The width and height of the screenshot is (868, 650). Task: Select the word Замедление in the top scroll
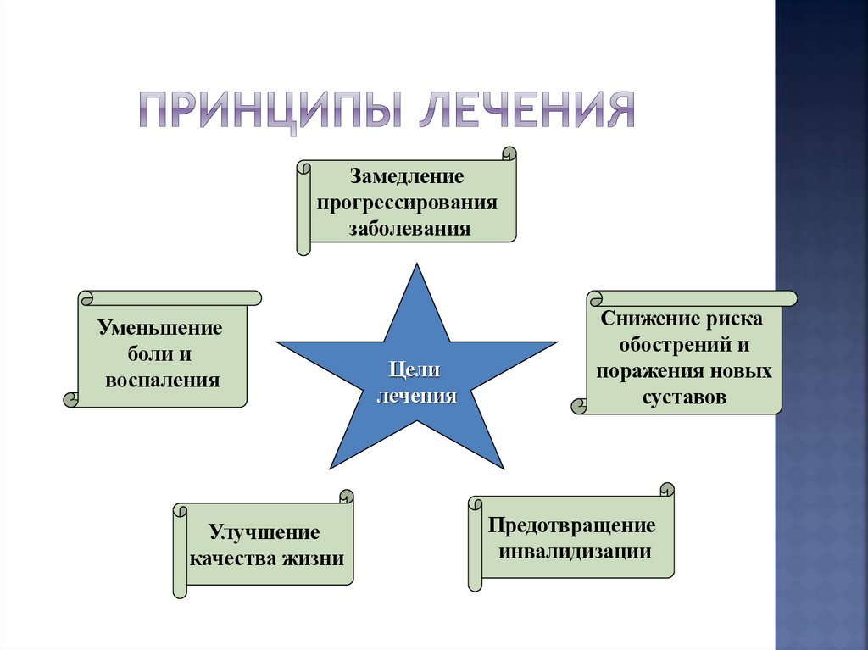point(407,178)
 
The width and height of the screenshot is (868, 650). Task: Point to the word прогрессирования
point(407,203)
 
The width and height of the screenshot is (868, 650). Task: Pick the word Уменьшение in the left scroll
point(160,327)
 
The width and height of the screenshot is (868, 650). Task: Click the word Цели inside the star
point(415,369)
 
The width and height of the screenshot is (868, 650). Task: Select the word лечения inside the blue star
point(416,395)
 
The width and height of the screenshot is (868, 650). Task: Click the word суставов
point(685,397)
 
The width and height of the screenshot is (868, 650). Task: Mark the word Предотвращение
point(572,525)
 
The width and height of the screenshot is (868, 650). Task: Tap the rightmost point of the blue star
point(556,342)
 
